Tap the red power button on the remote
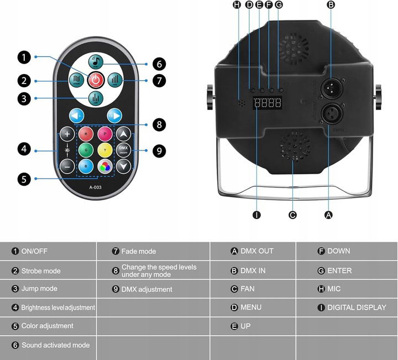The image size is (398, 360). click(96, 80)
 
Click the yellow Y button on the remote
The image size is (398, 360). click(104, 149)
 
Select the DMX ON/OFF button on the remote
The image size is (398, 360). click(123, 149)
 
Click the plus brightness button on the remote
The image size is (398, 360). click(67, 134)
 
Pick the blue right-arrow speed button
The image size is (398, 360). click(114, 116)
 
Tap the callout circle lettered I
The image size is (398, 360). click(256, 215)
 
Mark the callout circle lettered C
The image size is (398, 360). click(293, 215)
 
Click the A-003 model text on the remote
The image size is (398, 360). click(95, 187)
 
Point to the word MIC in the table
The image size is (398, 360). click(334, 289)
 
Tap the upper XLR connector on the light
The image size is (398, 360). click(330, 85)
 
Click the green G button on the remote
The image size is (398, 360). click(85, 149)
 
